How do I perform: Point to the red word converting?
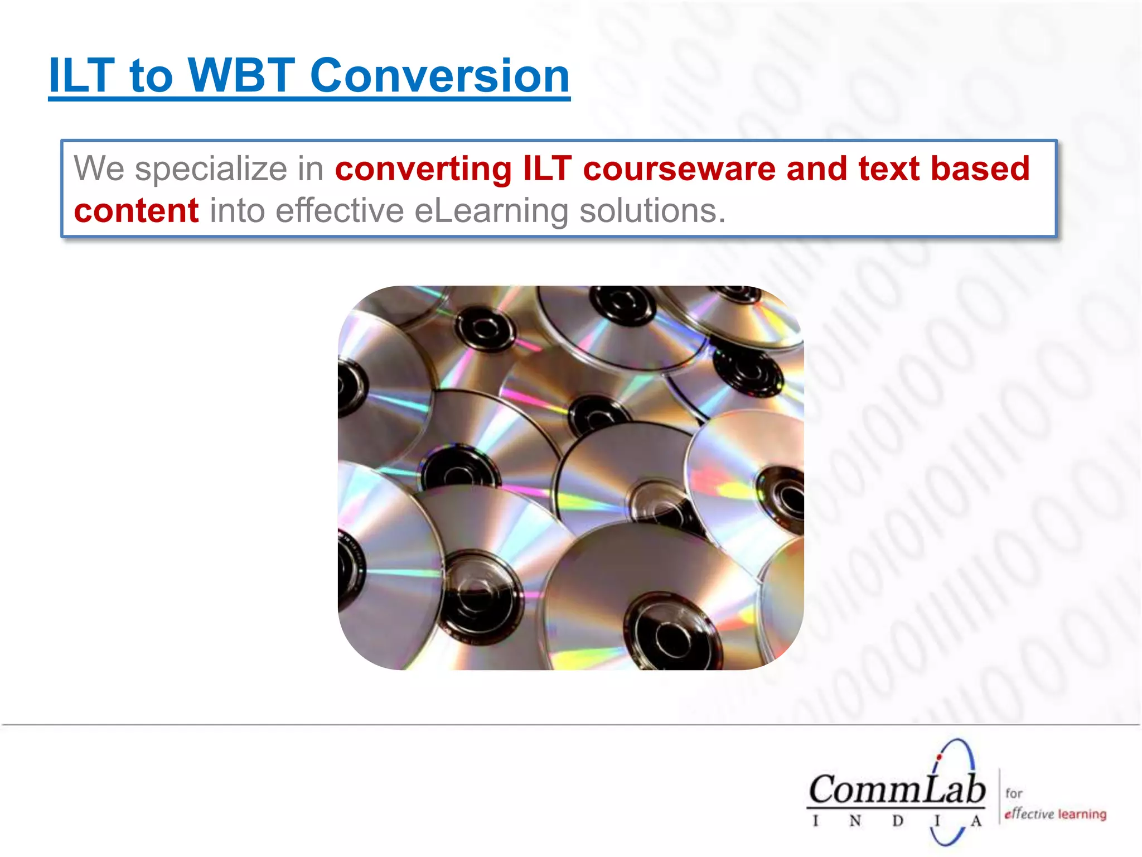point(423,168)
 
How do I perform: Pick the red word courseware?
point(679,168)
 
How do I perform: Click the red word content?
point(136,211)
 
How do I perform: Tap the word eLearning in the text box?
point(491,211)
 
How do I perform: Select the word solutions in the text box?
point(652,211)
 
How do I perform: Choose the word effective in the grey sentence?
point(339,211)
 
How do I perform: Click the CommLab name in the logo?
point(897,791)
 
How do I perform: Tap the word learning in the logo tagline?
point(1082,814)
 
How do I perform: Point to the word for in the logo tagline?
point(1014,793)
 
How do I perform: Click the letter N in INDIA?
point(855,821)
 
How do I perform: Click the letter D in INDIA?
point(897,821)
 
